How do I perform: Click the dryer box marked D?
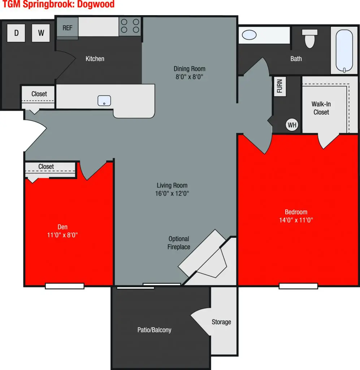pos(16,33)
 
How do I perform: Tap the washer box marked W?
pos(41,33)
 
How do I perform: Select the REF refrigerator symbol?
pos(68,28)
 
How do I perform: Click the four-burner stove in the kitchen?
pos(130,26)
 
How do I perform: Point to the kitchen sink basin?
pos(104,101)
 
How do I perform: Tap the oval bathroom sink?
pos(249,35)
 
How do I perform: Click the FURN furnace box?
pos(280,86)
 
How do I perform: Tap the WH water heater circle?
pos(292,125)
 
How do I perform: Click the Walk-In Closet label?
pos(321,108)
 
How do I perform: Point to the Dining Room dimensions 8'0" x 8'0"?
pos(189,77)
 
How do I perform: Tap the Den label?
pos(62,227)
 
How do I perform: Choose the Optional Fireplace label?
pos(179,243)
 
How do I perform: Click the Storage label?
pos(221,322)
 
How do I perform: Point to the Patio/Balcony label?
pos(154,330)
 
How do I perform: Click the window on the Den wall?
pos(65,286)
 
